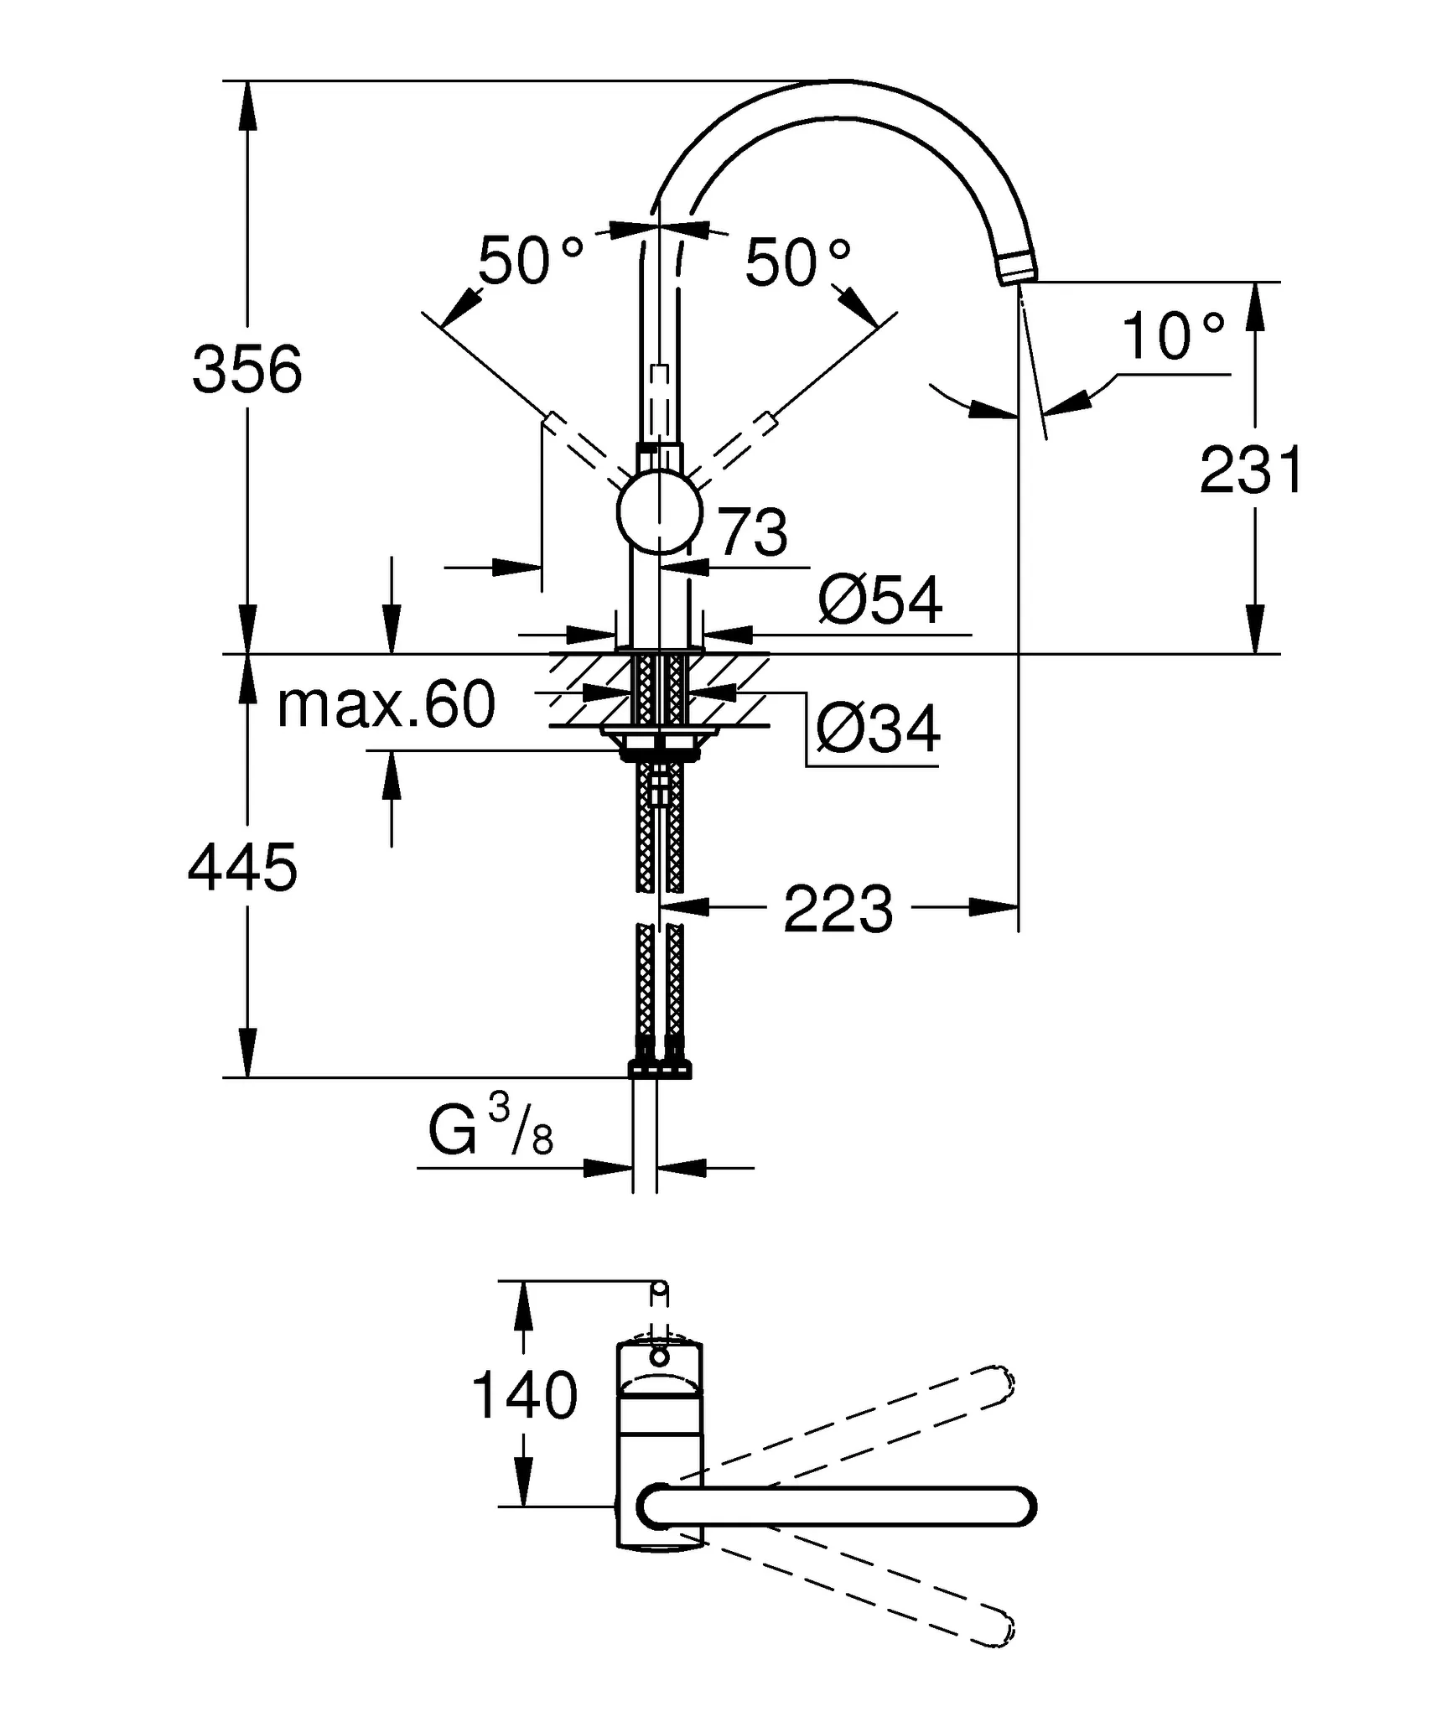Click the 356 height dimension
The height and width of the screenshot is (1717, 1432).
[x=246, y=369]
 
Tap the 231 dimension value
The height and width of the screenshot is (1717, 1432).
[x=1250, y=470]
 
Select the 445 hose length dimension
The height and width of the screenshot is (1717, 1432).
[x=242, y=868]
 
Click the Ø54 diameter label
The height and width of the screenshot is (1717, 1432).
[x=879, y=600]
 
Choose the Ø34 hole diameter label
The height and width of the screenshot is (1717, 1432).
[x=878, y=729]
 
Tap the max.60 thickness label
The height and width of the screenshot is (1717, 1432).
[x=386, y=704]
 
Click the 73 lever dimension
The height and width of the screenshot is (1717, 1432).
[x=753, y=532]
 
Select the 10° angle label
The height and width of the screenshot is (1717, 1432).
[x=1173, y=336]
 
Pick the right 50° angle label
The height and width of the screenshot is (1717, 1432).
[x=797, y=262]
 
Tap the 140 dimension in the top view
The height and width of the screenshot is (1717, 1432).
[x=525, y=1396]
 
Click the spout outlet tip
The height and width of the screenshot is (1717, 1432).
[x=1018, y=269]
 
